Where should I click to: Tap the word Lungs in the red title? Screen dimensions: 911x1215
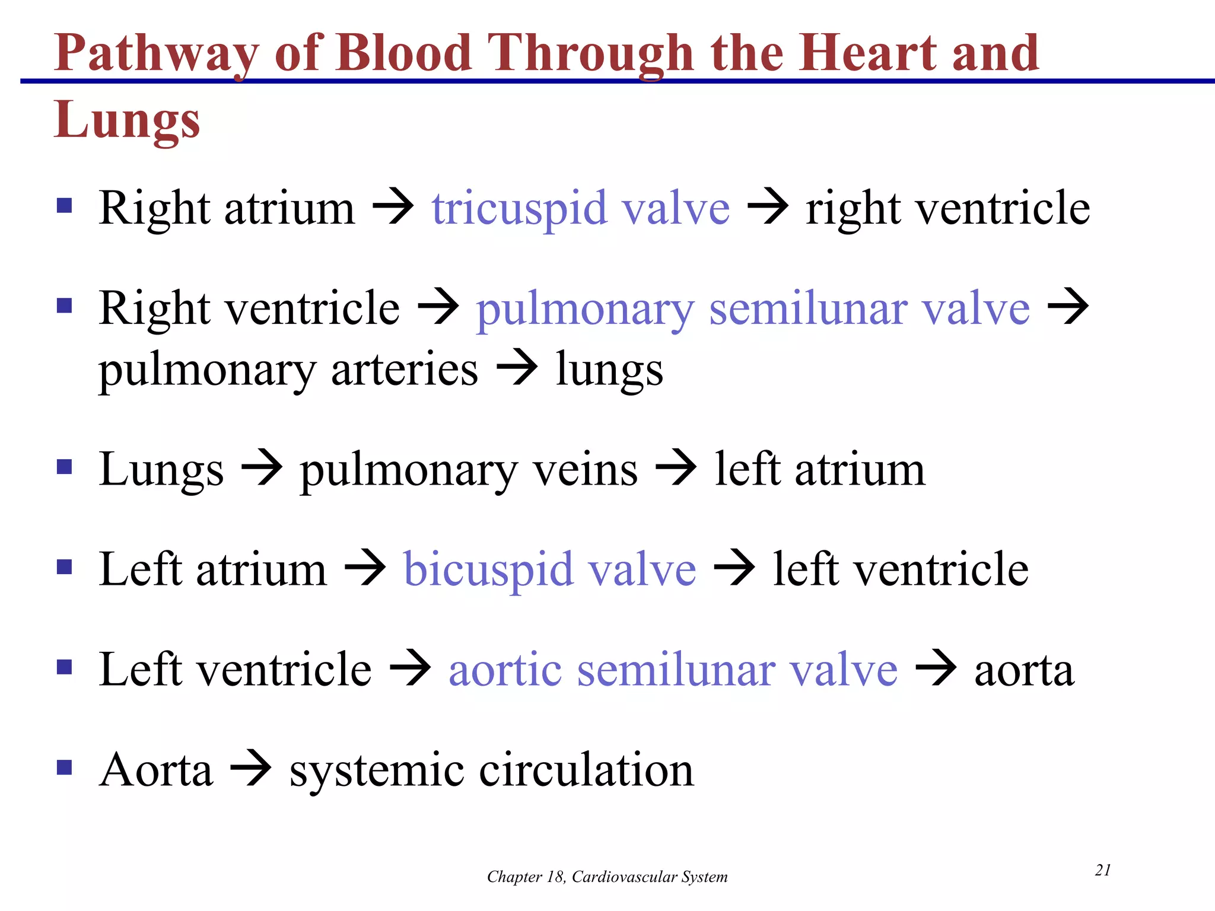[127, 120]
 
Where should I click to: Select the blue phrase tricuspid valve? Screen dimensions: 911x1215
[580, 209]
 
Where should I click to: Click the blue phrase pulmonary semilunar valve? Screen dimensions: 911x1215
[752, 309]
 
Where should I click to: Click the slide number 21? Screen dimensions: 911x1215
[1102, 870]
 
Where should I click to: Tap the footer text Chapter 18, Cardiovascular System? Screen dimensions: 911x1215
[607, 877]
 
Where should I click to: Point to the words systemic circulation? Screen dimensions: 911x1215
[491, 770]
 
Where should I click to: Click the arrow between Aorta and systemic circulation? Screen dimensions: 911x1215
[250, 769]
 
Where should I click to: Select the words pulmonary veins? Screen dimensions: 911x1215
[469, 470]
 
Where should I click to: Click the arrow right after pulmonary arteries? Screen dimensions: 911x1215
[516, 368]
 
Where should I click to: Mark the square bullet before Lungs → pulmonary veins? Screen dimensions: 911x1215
[64, 467]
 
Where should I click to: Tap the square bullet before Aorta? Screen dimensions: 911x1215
[64, 768]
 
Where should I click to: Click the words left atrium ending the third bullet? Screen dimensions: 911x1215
[819, 470]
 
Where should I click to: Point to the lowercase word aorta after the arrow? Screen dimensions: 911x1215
[1024, 671]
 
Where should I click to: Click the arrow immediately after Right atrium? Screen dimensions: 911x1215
[393, 208]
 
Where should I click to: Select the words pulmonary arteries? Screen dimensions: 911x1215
[288, 370]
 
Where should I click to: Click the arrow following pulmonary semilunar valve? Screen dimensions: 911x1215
[1068, 307]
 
